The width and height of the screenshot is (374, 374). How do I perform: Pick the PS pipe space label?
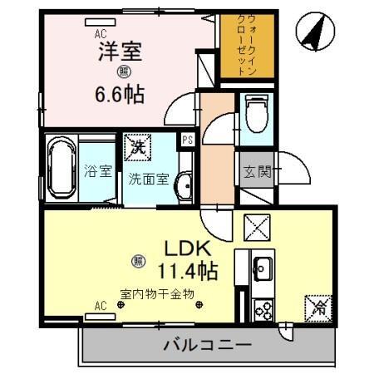189,140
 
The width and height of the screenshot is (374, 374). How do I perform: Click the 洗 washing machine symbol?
137,150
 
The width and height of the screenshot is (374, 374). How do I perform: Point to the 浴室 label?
98,172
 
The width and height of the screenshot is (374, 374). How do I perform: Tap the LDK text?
187,247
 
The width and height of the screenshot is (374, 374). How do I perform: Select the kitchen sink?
262,269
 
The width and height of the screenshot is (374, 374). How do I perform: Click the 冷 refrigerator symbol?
319,306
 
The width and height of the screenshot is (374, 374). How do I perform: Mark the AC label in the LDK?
101,306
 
